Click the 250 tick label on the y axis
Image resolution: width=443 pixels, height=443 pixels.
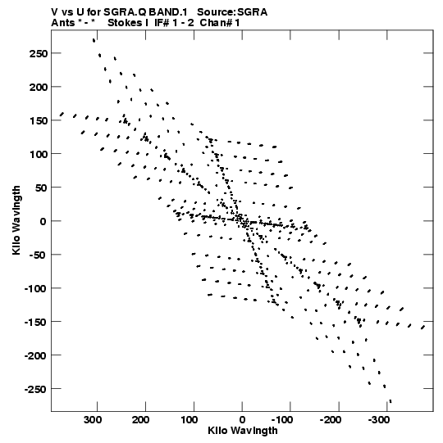(x=39, y=53)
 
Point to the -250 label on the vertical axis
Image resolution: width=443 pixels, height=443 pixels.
(x=35, y=389)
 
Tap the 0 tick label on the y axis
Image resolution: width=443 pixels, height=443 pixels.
(x=43, y=221)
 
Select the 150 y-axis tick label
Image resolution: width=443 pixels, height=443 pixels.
(x=39, y=120)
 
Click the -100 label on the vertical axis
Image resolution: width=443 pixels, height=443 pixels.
(x=35, y=288)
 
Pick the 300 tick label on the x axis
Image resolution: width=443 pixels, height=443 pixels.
(x=93, y=420)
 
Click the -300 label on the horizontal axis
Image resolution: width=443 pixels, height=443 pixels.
(x=379, y=420)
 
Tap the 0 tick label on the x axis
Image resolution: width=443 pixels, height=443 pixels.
(x=242, y=420)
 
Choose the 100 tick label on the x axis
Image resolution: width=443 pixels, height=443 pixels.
(x=189, y=420)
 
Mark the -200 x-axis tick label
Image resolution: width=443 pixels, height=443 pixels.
(x=331, y=420)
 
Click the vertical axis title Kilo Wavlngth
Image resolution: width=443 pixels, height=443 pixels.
(x=16, y=220)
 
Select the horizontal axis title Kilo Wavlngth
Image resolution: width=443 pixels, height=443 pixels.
(x=243, y=431)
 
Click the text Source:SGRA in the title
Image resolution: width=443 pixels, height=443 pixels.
(x=232, y=12)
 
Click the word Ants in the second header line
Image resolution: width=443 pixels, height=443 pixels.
(x=63, y=23)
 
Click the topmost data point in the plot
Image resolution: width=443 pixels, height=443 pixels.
(x=94, y=40)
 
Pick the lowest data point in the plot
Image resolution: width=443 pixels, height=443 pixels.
(x=390, y=401)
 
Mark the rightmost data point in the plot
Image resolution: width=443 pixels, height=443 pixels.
(x=423, y=328)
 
